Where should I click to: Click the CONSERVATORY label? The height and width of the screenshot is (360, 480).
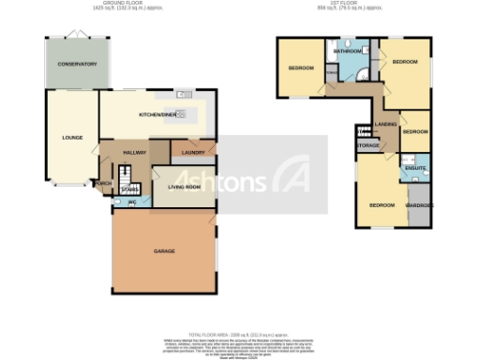77,64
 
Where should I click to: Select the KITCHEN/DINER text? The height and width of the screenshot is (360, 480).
157,114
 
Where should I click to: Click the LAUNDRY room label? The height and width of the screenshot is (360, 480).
194,151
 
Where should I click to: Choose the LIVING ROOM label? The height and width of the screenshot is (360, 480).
184,187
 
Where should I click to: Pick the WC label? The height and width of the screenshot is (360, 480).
131,202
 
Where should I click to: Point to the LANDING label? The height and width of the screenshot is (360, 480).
385,124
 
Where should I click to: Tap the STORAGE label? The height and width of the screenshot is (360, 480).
368,145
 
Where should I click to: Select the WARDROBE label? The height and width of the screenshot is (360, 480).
418,204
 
